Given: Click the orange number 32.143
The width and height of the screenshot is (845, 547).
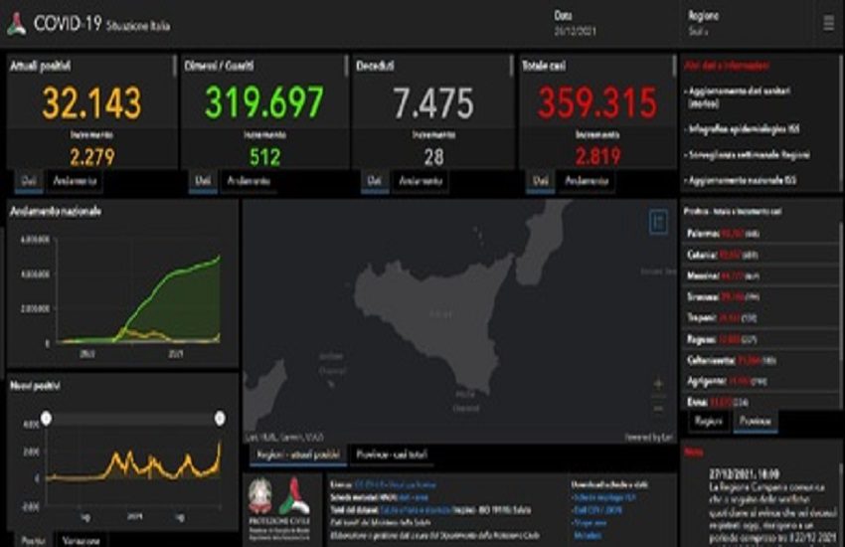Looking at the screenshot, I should pos(91,103).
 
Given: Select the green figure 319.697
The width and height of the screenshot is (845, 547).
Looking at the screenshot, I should pos(264,103).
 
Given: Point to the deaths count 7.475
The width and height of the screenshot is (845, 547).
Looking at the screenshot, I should pos(432,103).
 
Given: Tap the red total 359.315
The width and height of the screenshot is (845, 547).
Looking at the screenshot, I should pos(597,103).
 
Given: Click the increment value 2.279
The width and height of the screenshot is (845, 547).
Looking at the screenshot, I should pos(91,156).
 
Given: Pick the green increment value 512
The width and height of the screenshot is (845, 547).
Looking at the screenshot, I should pos(264,156).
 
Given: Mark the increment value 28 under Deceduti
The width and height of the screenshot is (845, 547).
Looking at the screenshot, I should pos(432,156).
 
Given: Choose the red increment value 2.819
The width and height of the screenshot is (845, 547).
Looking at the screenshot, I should pos(597,156).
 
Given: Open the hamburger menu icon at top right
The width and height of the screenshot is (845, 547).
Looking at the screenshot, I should pos(829,23).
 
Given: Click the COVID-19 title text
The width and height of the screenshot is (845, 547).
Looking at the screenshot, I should pos(68,25).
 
